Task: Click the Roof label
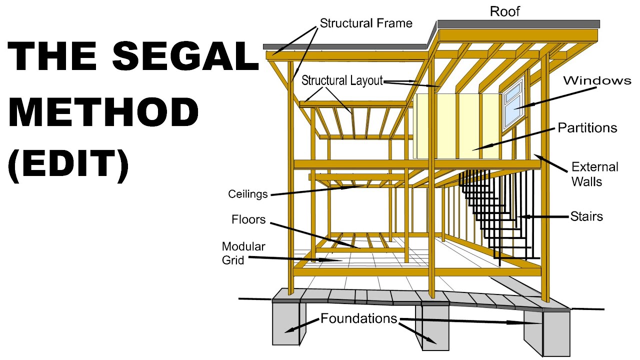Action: tap(504, 11)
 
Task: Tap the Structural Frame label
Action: tap(366, 23)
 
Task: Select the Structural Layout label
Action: tap(342, 80)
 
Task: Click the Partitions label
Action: tap(587, 128)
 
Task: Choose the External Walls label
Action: tap(594, 173)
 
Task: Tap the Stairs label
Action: tap(586, 216)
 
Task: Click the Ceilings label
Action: tap(248, 194)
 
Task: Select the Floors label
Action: tap(248, 219)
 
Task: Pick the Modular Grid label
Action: tap(243, 253)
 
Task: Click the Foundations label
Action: tap(358, 318)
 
